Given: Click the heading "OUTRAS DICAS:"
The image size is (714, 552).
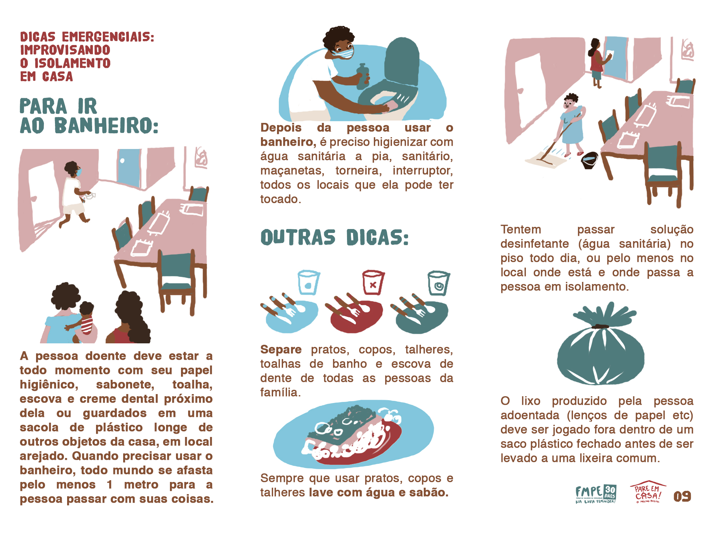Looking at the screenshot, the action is (x=335, y=237).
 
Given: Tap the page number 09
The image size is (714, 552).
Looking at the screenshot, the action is (x=682, y=496).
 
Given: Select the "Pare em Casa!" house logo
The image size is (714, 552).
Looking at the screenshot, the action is (x=648, y=492).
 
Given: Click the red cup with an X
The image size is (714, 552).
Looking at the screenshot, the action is (x=373, y=282).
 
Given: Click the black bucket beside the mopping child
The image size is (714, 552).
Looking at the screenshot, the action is (x=589, y=160).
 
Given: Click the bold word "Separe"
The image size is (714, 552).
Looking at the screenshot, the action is (x=281, y=349).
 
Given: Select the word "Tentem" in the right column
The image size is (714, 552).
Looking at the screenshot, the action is (x=521, y=229).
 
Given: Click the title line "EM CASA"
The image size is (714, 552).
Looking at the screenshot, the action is (x=46, y=76).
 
